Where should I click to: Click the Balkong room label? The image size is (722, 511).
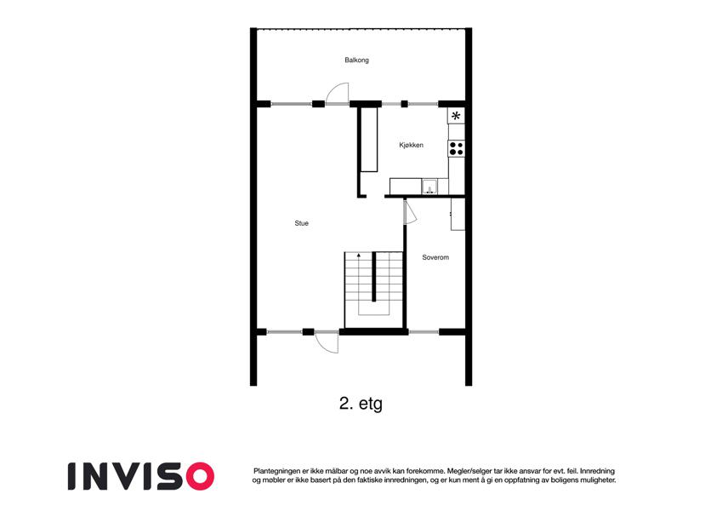[x=356, y=60]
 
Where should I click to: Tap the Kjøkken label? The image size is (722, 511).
[x=411, y=146]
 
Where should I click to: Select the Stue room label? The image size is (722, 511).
[x=302, y=223]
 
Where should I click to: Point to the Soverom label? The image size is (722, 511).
[x=435, y=257]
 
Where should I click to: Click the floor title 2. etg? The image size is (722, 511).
[x=361, y=404]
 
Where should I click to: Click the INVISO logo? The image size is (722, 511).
[x=141, y=476]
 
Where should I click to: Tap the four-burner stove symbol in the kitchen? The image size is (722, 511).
[x=457, y=148]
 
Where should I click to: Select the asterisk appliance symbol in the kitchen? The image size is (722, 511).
[x=456, y=116]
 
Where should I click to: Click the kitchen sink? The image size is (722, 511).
[x=429, y=187]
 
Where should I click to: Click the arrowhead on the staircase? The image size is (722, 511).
[x=359, y=254]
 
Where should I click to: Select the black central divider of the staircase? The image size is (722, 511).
[x=374, y=276]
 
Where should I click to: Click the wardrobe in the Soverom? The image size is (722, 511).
[x=458, y=214]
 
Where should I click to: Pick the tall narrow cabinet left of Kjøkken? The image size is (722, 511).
[x=369, y=140]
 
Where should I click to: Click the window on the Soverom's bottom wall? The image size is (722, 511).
[x=424, y=331]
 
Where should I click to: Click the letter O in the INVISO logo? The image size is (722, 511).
[x=200, y=476]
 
